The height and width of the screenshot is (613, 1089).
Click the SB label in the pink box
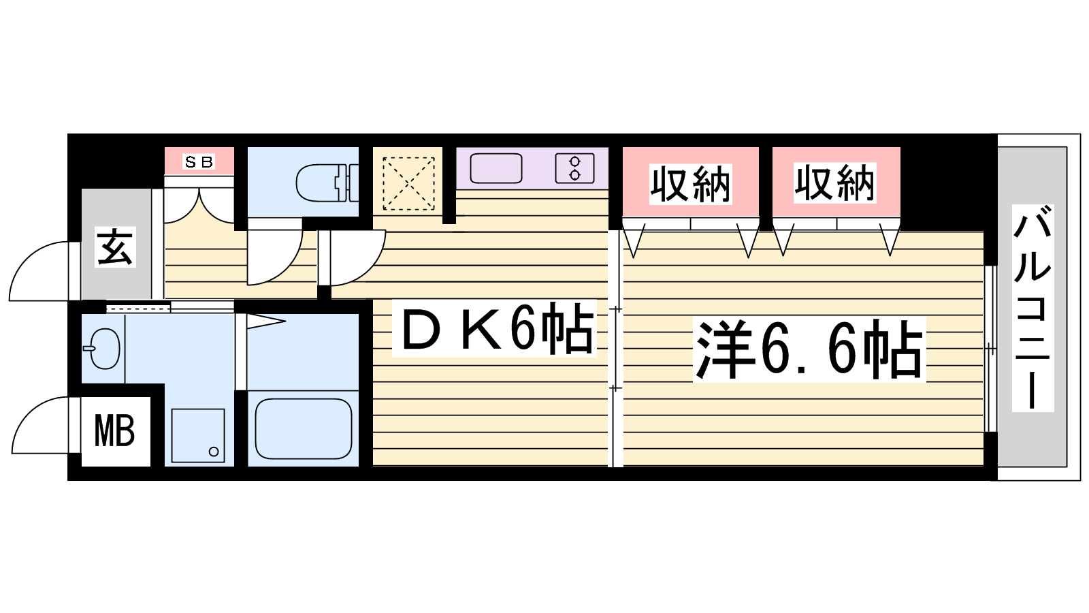pyautogui.click(x=198, y=162)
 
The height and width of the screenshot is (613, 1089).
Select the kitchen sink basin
pyautogui.click(x=496, y=168)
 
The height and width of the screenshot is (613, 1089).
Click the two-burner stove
pyautogui.click(x=574, y=168)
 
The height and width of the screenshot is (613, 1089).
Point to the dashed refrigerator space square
pyautogui.click(x=408, y=183)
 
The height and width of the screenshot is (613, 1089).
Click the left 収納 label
pyautogui.click(x=690, y=184)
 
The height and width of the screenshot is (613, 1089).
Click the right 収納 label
pyautogui.click(x=834, y=183)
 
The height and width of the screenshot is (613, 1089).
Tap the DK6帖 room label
pyautogui.click(x=495, y=328)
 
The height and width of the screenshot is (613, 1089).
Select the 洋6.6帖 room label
pyautogui.click(x=809, y=349)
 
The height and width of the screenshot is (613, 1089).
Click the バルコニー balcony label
pyautogui.click(x=1033, y=308)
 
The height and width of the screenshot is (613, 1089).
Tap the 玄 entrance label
pyautogui.click(x=115, y=247)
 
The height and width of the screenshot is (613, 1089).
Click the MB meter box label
pyautogui.click(x=115, y=431)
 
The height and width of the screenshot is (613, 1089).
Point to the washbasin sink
pyautogui.click(x=103, y=348)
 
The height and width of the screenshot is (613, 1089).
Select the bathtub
pyautogui.click(x=304, y=429)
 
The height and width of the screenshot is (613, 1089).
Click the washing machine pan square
pyautogui.click(x=198, y=435)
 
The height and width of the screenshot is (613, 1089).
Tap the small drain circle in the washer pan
pyautogui.click(x=214, y=452)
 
